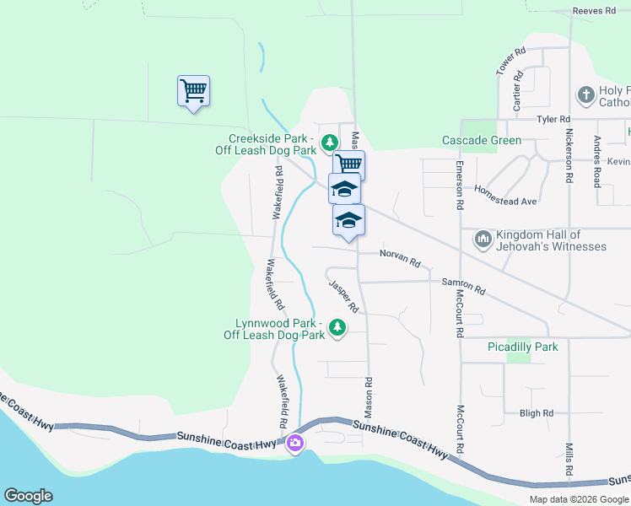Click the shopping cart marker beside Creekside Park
pos(348,164)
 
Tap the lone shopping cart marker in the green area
pos(193,89)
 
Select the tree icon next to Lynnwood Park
pos(337,326)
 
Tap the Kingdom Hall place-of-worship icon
pos(483,240)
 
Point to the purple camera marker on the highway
pos(294,443)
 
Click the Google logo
pos(28,496)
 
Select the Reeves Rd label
pos(595,11)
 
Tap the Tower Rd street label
pos(511,61)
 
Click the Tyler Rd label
pos(553,120)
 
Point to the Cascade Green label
pos(482,140)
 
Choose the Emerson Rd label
pos(461,186)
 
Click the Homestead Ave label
pos(506,196)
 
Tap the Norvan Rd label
pos(400,258)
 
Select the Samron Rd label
pos(463,286)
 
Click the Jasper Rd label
pos(344,296)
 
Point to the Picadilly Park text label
pos(523,347)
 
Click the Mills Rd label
pos(569,460)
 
